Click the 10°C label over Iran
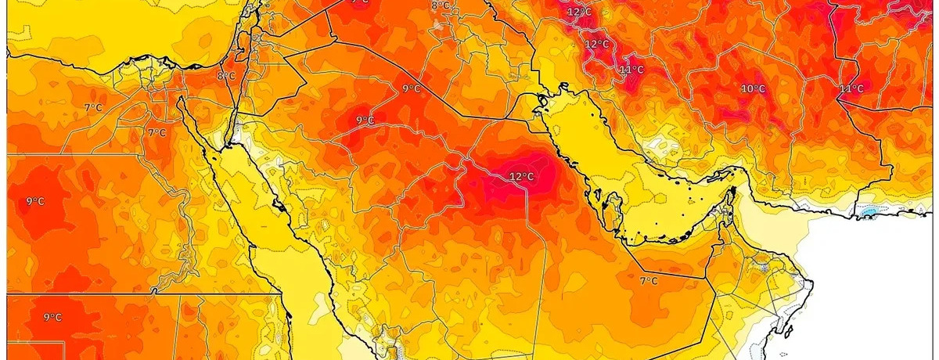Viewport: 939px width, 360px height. tap(753, 89)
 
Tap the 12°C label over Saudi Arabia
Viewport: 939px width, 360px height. tap(521, 176)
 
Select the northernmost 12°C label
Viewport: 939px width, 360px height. tap(579, 12)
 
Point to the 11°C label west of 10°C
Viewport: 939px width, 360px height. tap(631, 70)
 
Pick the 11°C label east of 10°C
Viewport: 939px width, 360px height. tap(851, 88)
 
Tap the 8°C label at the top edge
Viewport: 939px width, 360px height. tap(441, 5)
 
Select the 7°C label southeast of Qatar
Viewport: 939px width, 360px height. tap(649, 281)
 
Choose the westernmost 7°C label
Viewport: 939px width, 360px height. tap(93, 107)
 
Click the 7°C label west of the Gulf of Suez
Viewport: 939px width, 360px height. tap(156, 132)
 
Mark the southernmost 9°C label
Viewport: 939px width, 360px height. tap(52, 317)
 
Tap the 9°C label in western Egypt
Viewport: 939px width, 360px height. tap(34, 201)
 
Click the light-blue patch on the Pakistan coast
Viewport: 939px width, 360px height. tap(869, 212)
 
